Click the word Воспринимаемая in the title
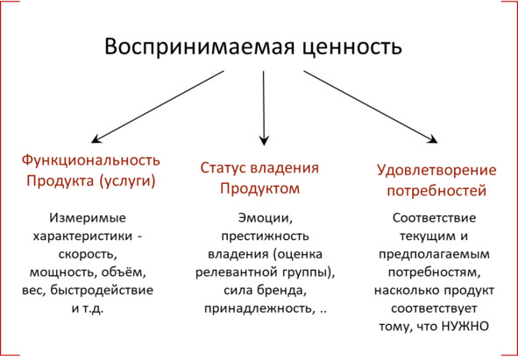coord(199,46)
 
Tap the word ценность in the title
coord(352,47)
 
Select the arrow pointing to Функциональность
coord(158,107)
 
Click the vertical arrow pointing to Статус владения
coord(264,108)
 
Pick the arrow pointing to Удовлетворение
coord(371,107)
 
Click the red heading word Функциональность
coord(91,161)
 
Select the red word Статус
coord(223,168)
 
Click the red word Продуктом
coord(260,189)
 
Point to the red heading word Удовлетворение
coord(436,171)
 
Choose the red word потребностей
coord(436,191)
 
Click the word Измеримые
coord(88,218)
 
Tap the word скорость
coord(88,255)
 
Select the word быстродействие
coord(102,290)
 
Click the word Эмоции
coord(266,218)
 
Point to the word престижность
coord(266,236)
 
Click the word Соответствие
coord(435,218)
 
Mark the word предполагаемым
coord(435,255)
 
